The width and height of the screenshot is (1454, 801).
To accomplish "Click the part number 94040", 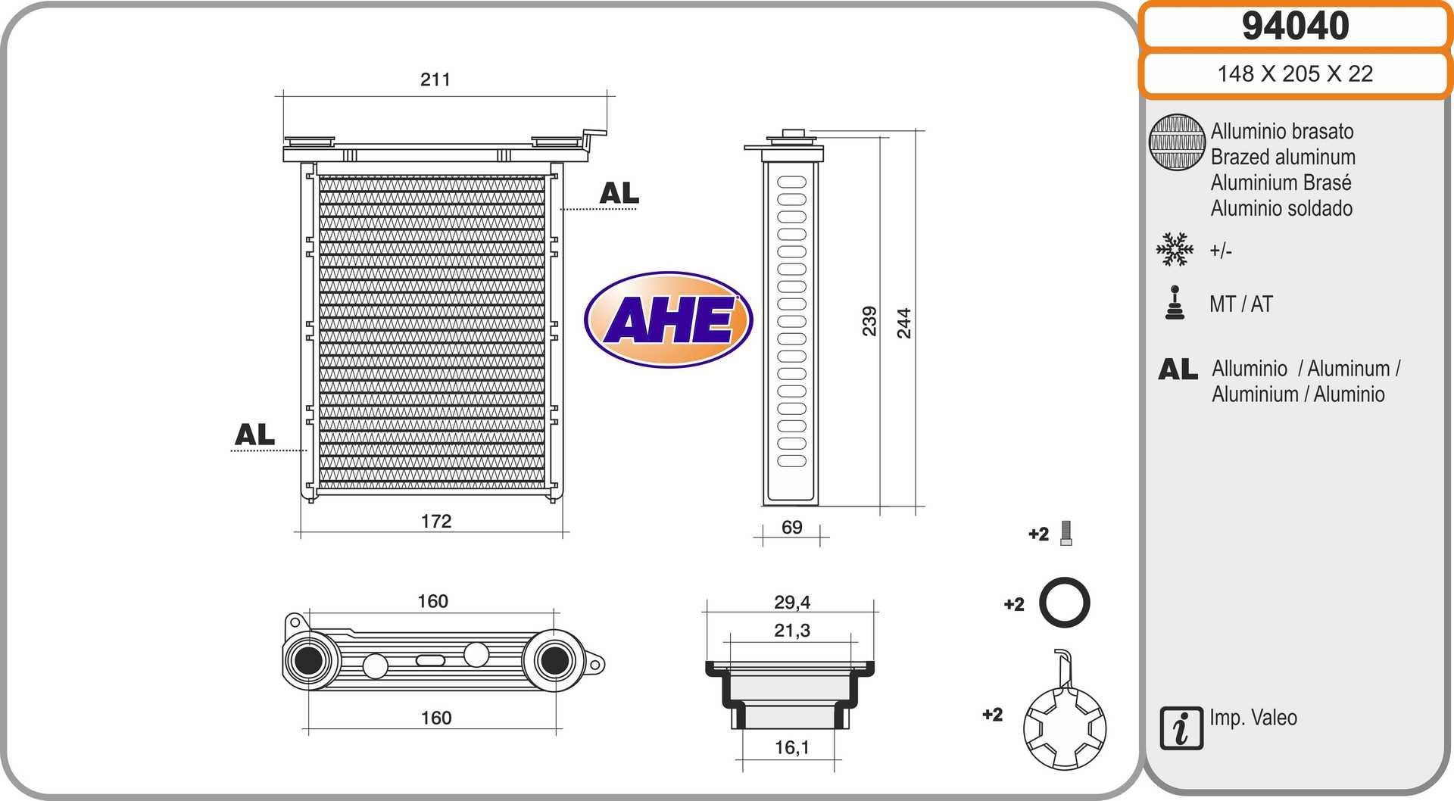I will pyautogui.click(x=1295, y=26).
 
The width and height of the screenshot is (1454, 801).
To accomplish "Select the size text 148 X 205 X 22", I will pyautogui.click(x=1295, y=73).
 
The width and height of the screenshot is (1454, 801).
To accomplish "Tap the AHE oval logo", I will pyautogui.click(x=668, y=319).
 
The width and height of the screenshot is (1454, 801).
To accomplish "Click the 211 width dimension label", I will pyautogui.click(x=435, y=79).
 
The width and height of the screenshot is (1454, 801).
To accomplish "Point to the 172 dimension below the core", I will pyautogui.click(x=436, y=521).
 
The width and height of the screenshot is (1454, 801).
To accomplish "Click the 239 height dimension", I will pyautogui.click(x=869, y=321).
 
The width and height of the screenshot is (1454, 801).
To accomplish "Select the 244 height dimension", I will pyautogui.click(x=904, y=323).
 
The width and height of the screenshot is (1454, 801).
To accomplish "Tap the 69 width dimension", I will pyautogui.click(x=792, y=527).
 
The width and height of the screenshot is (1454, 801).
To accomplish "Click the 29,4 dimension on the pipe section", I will pyautogui.click(x=792, y=602).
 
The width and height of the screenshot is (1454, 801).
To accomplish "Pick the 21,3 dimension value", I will pyautogui.click(x=792, y=630).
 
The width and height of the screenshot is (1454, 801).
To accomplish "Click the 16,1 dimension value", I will pyautogui.click(x=792, y=747).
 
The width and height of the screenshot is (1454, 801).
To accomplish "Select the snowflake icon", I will pyautogui.click(x=1175, y=249).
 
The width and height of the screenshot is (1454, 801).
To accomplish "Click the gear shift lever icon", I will pyautogui.click(x=1175, y=303).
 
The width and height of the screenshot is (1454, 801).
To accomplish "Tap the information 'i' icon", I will pyautogui.click(x=1181, y=728).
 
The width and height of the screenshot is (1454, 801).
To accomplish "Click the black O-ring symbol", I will pyautogui.click(x=1064, y=603).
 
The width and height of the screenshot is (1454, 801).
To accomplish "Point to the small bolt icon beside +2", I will pyautogui.click(x=1066, y=534).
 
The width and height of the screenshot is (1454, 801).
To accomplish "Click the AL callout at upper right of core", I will pyautogui.click(x=619, y=194).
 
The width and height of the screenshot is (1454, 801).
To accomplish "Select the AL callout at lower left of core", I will pyautogui.click(x=254, y=435).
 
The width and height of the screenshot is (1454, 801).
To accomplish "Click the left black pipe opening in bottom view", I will pyautogui.click(x=309, y=660).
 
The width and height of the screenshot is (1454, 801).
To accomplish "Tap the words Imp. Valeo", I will pyautogui.click(x=1253, y=717).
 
